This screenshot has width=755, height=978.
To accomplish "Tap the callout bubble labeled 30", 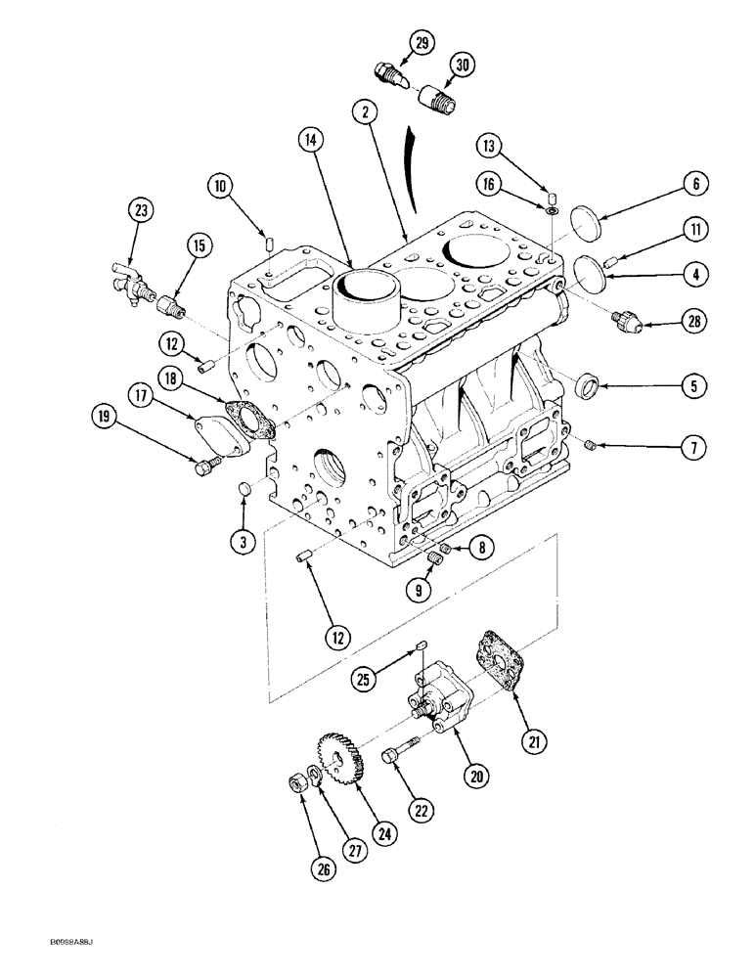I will click(x=461, y=66).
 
